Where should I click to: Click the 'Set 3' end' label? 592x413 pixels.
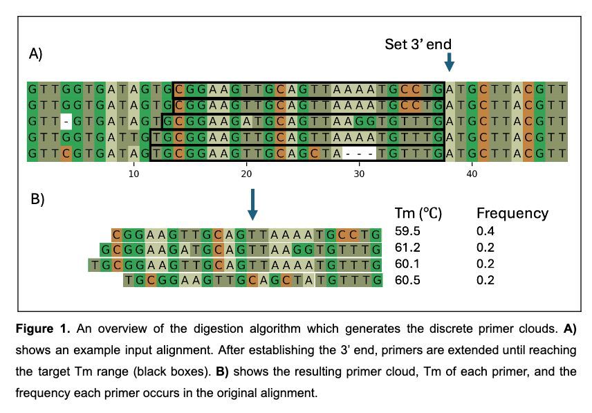point(418,45)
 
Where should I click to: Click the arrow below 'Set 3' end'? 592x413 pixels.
point(450,62)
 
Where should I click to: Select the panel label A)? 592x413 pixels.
point(36,54)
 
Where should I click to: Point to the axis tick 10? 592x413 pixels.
point(134,174)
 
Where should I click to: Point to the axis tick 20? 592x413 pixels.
point(247,174)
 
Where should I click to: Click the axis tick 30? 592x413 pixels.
point(360,174)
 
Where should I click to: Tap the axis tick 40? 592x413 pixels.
point(472,174)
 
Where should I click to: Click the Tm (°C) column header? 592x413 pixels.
point(418,214)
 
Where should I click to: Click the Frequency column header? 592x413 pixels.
point(512,214)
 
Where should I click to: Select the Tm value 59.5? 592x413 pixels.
point(406,231)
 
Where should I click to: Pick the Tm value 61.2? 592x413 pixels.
point(406,248)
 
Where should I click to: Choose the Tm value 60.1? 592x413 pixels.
point(406,264)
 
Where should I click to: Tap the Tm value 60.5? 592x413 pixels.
point(406,280)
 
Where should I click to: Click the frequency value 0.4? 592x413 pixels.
point(485,231)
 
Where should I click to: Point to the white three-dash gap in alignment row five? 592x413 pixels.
point(359,153)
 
